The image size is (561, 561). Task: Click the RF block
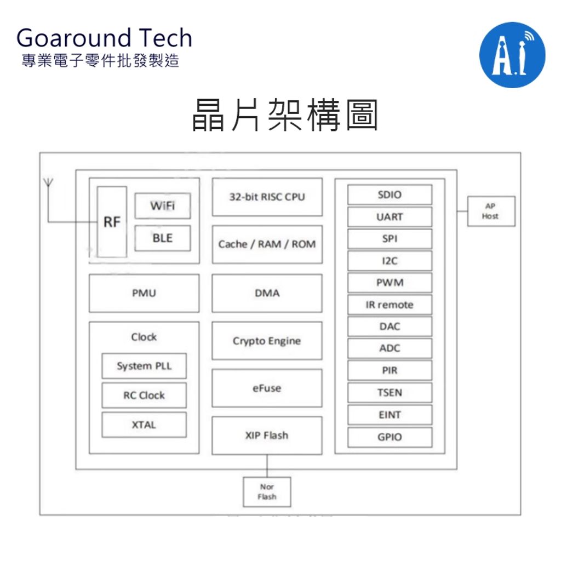pos(112,222)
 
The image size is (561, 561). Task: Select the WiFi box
pos(163,206)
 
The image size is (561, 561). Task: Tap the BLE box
pos(163,238)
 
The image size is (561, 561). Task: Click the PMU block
pos(144,293)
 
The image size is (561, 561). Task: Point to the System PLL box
pos(144,366)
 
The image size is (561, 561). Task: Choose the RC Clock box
pos(144,395)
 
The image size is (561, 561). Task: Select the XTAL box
pos(144,425)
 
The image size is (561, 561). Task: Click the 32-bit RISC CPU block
pos(267,197)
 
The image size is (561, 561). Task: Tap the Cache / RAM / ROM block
pos(267,244)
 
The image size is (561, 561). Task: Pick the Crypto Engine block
pos(267,341)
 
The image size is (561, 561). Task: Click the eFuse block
pos(267,388)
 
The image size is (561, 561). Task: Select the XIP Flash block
pos(267,436)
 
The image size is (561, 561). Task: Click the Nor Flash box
pos(267,491)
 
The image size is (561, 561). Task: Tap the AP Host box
pos(491,211)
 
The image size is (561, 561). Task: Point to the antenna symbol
pos(48,182)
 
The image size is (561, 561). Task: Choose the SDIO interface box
pos(390,195)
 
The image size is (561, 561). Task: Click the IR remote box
pos(390,305)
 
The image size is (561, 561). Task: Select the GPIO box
pos(390,437)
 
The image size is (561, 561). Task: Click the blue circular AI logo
pos(512,55)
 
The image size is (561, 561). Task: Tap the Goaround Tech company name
pos(104,38)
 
